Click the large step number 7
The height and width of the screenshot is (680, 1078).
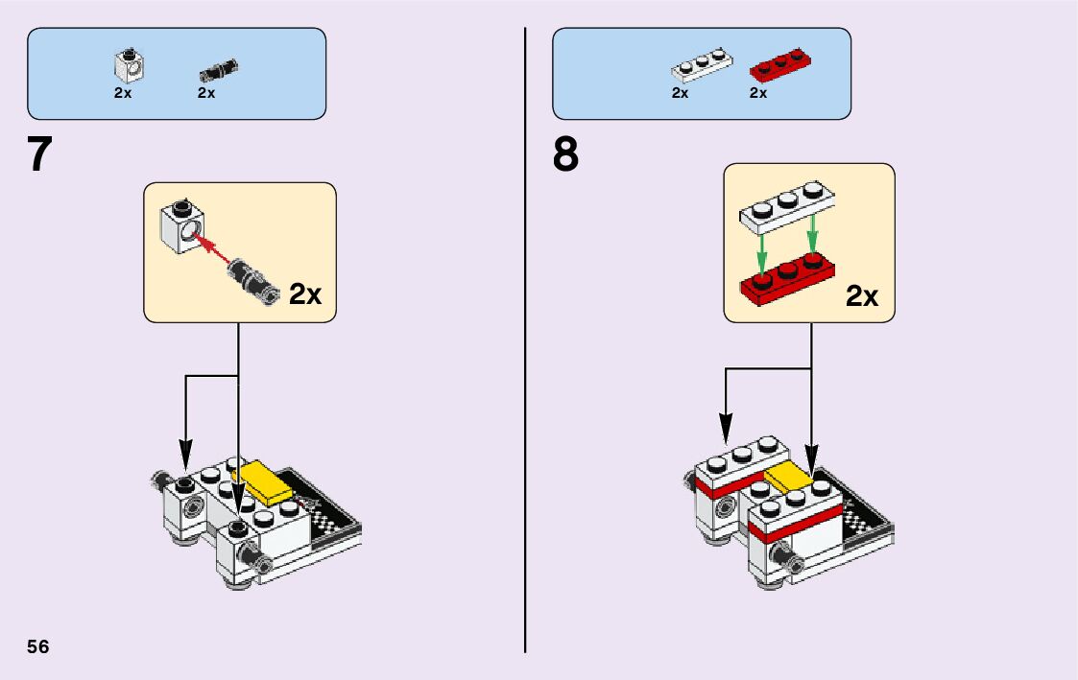39,154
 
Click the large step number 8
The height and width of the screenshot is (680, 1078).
566,154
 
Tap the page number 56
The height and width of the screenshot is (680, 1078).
38,645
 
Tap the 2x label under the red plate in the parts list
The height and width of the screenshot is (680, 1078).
758,93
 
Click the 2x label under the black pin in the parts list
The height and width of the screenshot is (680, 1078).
206,93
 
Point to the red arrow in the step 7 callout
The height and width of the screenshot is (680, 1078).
215,251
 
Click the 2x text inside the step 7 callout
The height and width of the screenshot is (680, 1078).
304,294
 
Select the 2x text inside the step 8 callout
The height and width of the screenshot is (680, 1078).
861,296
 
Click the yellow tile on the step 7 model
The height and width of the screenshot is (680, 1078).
268,481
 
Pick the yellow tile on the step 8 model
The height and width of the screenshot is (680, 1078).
789,477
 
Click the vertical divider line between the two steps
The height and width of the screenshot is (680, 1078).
526,384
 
